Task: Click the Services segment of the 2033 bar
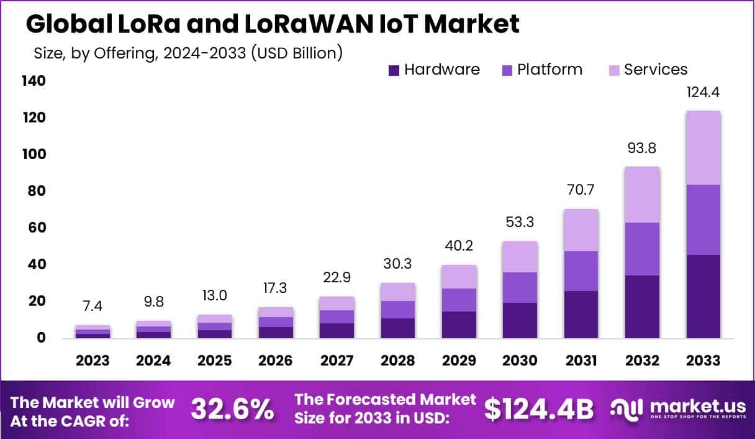pyautogui.click(x=703, y=147)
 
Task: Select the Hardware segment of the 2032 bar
pyautogui.click(x=642, y=307)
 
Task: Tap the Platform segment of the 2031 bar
pyautogui.click(x=581, y=271)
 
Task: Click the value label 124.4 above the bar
pyautogui.click(x=703, y=93)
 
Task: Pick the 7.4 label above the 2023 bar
pyautogui.click(x=93, y=307)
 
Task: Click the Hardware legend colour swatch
pyautogui.click(x=394, y=70)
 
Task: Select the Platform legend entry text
pyautogui.click(x=549, y=70)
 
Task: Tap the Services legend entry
pyautogui.click(x=656, y=70)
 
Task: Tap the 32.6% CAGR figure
pyautogui.click(x=232, y=409)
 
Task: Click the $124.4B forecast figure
pyautogui.click(x=538, y=409)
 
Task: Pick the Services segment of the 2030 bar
pyautogui.click(x=520, y=257)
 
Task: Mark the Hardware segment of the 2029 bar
pyautogui.click(x=459, y=325)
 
